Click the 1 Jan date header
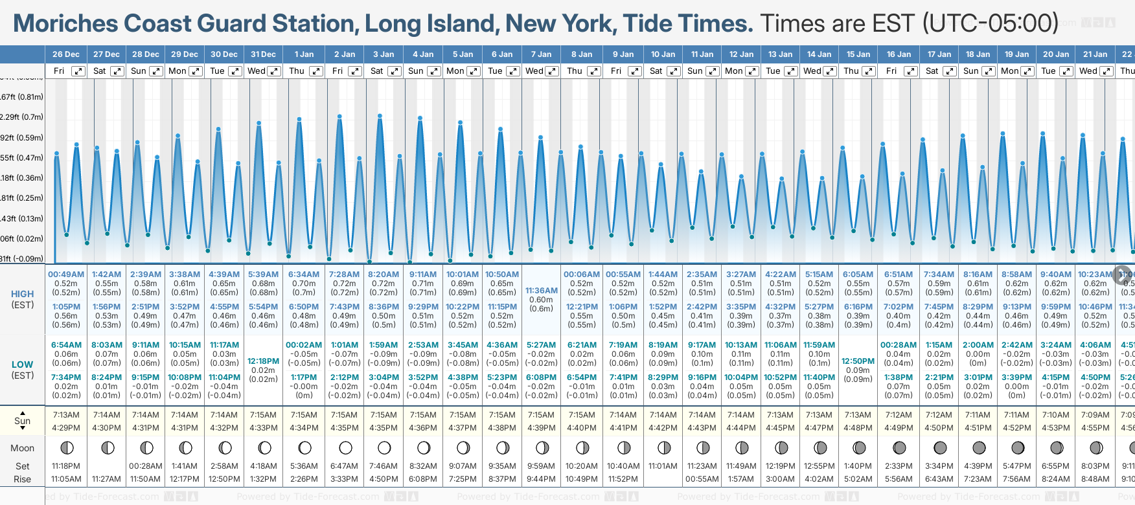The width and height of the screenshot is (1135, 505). click(x=304, y=54)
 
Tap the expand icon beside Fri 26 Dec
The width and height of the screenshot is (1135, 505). click(x=78, y=71)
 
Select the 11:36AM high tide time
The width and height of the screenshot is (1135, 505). click(x=541, y=291)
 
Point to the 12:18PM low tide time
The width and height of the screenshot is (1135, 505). click(x=263, y=361)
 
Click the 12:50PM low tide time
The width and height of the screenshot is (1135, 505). click(x=858, y=361)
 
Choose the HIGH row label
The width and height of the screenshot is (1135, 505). click(x=23, y=294)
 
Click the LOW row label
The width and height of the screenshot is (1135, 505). click(x=23, y=365)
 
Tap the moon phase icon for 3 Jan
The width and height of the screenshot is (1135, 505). click(x=384, y=447)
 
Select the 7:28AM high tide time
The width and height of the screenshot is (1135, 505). click(x=344, y=275)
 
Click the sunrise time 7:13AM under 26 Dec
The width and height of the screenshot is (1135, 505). click(x=66, y=415)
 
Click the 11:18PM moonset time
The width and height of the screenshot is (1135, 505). click(x=66, y=466)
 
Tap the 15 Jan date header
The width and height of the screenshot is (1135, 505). click(x=859, y=54)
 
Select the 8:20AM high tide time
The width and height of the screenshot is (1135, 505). click(x=384, y=275)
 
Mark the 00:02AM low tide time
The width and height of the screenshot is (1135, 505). click(x=304, y=345)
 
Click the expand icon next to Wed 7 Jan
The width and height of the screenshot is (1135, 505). click(x=552, y=71)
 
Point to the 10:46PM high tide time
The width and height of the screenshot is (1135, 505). click(x=1095, y=307)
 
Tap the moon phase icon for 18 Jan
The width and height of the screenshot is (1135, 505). click(x=979, y=447)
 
